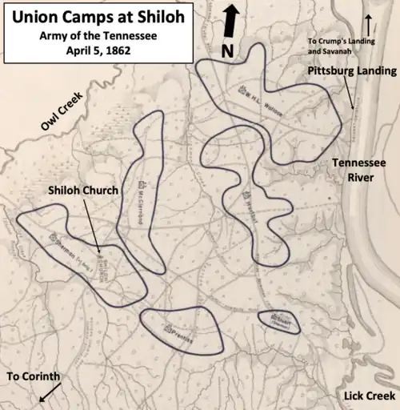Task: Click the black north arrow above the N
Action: point(230,21)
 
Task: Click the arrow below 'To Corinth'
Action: point(49,392)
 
